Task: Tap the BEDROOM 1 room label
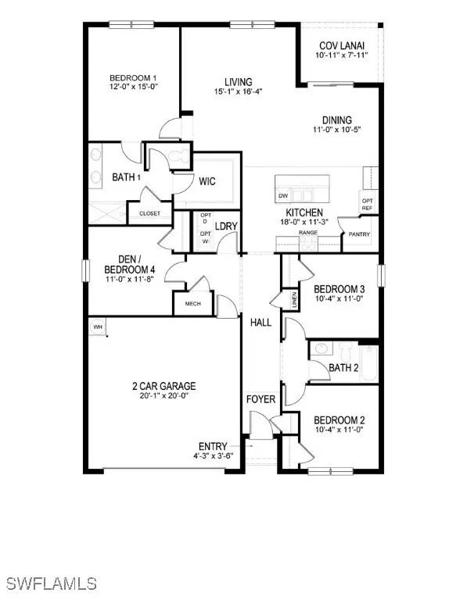pyautogui.click(x=133, y=78)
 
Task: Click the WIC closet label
pyautogui.click(x=207, y=182)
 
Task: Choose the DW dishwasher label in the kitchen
pyautogui.click(x=283, y=195)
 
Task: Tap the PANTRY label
pyautogui.click(x=361, y=233)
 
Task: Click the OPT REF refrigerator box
pyautogui.click(x=367, y=205)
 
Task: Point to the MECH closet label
pyautogui.click(x=193, y=304)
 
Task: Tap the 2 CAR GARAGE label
pyautogui.click(x=163, y=386)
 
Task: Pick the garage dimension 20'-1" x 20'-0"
pyautogui.click(x=163, y=396)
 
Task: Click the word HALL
pyautogui.click(x=260, y=322)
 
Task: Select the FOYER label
pyautogui.click(x=260, y=399)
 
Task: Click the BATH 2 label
pyautogui.click(x=343, y=367)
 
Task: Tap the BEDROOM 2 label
pyautogui.click(x=340, y=420)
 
